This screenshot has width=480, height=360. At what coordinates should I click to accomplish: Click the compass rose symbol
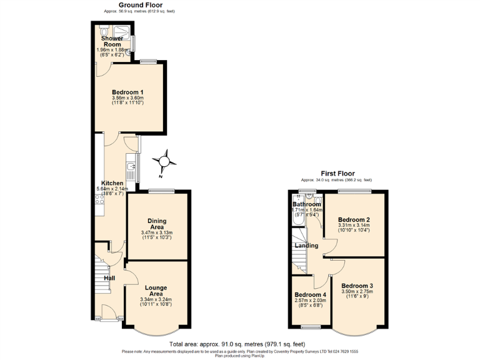165,161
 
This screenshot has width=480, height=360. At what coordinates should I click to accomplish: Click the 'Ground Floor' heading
141,5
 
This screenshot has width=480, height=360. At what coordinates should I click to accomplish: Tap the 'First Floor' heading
337,173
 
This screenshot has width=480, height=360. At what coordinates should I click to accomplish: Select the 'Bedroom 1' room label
127,92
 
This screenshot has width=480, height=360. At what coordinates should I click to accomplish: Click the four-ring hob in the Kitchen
99,200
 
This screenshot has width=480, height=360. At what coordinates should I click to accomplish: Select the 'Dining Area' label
156,224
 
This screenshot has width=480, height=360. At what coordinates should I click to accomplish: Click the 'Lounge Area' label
156,291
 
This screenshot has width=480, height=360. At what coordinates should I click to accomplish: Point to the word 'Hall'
109,278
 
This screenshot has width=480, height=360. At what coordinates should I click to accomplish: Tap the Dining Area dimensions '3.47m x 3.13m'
156,233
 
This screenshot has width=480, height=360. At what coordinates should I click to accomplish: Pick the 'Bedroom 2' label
354,220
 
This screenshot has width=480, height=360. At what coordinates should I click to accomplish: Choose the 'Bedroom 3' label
357,286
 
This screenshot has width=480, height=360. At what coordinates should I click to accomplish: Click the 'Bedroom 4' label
310,295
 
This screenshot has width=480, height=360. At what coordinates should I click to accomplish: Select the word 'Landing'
307,246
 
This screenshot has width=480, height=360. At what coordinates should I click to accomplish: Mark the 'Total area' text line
237,344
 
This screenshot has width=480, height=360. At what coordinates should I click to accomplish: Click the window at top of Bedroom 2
354,190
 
